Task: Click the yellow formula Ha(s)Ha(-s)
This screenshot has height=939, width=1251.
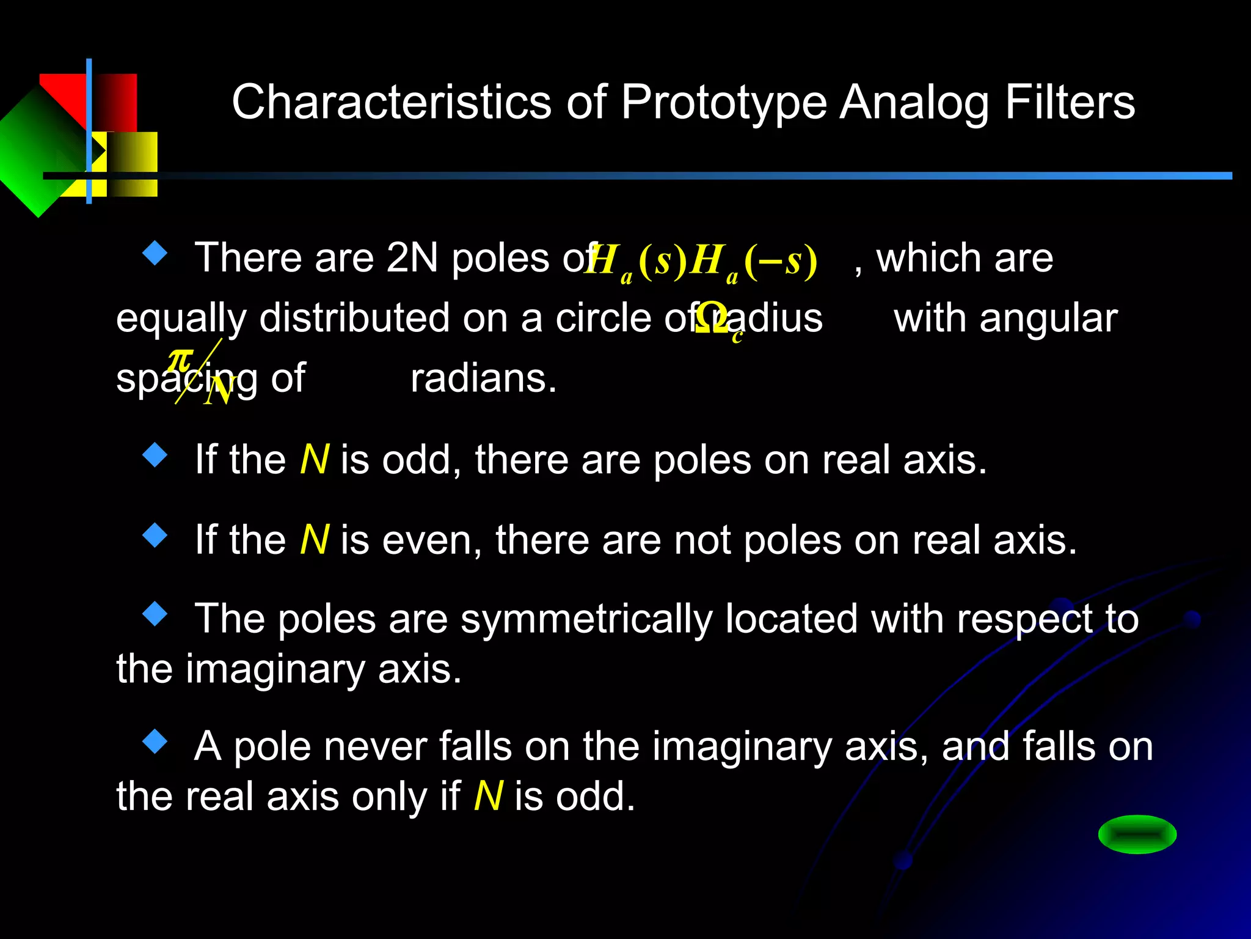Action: pos(701,261)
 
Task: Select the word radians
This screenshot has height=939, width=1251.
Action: pos(483,379)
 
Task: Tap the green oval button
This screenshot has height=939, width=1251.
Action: pos(1137,834)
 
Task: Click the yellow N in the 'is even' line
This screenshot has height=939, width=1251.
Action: pos(315,540)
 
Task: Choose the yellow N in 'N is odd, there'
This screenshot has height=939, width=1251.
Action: pos(315,460)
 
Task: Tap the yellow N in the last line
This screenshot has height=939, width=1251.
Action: pos(488,797)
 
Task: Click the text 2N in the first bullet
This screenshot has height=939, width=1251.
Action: pos(412,257)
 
